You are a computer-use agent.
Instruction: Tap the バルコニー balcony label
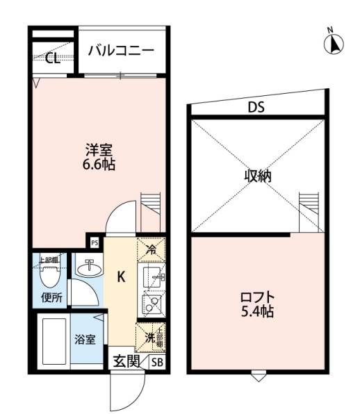click(121, 50)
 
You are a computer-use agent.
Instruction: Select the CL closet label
click(52, 58)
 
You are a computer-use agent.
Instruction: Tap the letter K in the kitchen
click(120, 276)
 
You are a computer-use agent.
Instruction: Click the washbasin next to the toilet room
click(88, 267)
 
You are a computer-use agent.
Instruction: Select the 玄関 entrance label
click(126, 362)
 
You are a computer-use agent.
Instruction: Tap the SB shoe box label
click(157, 362)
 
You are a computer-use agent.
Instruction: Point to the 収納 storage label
click(257, 176)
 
